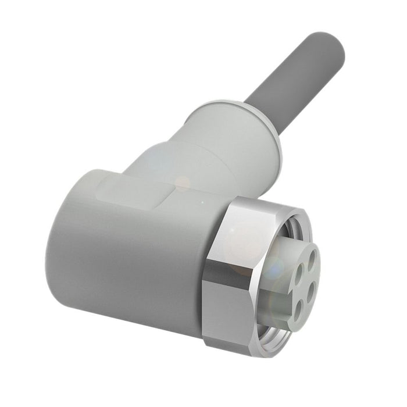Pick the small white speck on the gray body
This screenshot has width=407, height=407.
coord(202,202)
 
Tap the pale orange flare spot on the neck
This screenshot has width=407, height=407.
coord(182,184)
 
